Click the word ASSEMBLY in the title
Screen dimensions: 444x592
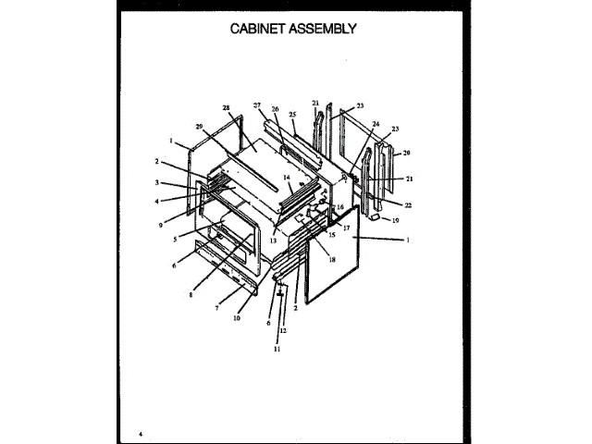(x=325, y=28)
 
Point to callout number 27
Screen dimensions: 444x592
(x=258, y=106)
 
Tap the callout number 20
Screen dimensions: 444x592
(x=406, y=153)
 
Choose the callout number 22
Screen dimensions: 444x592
(x=408, y=204)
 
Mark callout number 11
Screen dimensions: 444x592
(x=275, y=350)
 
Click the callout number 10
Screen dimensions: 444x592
(x=236, y=317)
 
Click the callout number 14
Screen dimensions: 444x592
(x=287, y=177)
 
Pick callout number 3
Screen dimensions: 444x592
(x=157, y=182)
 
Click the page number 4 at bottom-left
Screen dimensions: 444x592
(x=141, y=434)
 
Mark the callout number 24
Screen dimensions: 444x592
(x=376, y=123)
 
